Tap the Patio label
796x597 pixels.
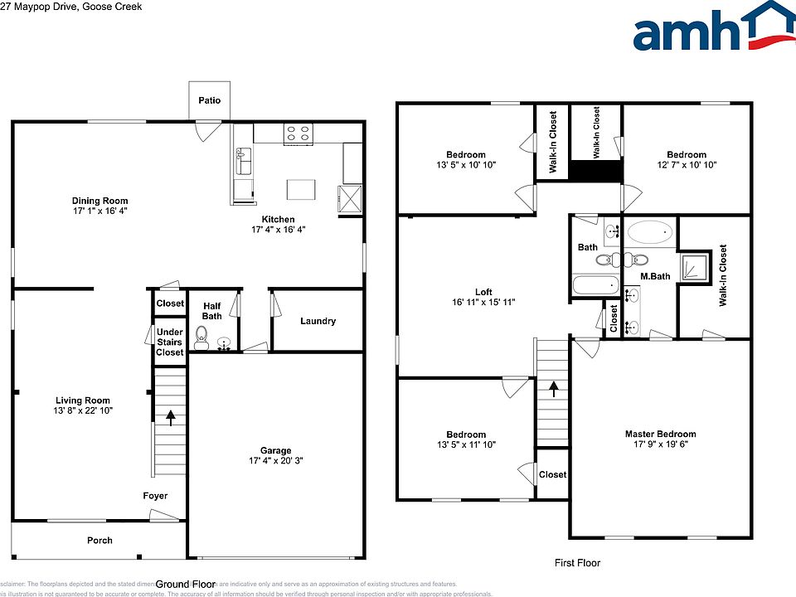209,100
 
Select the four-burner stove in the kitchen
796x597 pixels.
298,132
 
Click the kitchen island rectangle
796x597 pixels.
301,189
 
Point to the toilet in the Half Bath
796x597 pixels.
201,337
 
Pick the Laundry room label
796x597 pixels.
318,321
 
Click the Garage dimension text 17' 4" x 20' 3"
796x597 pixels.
276,460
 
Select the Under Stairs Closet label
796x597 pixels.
170,342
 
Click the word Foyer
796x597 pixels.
154,496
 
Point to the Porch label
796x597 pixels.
99,541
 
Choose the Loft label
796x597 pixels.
483,291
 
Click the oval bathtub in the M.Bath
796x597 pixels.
651,233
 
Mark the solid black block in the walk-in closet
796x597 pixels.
595,170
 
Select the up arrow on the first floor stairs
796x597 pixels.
553,389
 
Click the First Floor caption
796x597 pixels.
577,563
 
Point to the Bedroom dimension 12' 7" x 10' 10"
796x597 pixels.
687,165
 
